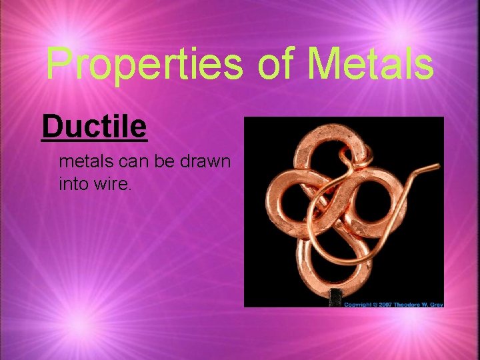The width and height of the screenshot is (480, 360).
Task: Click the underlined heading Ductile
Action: tap(94, 126)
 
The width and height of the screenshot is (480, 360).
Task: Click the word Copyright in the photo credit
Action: tap(358, 304)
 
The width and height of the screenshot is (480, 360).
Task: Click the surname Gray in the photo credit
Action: tap(437, 304)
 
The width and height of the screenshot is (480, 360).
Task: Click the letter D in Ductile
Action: tap(51, 126)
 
